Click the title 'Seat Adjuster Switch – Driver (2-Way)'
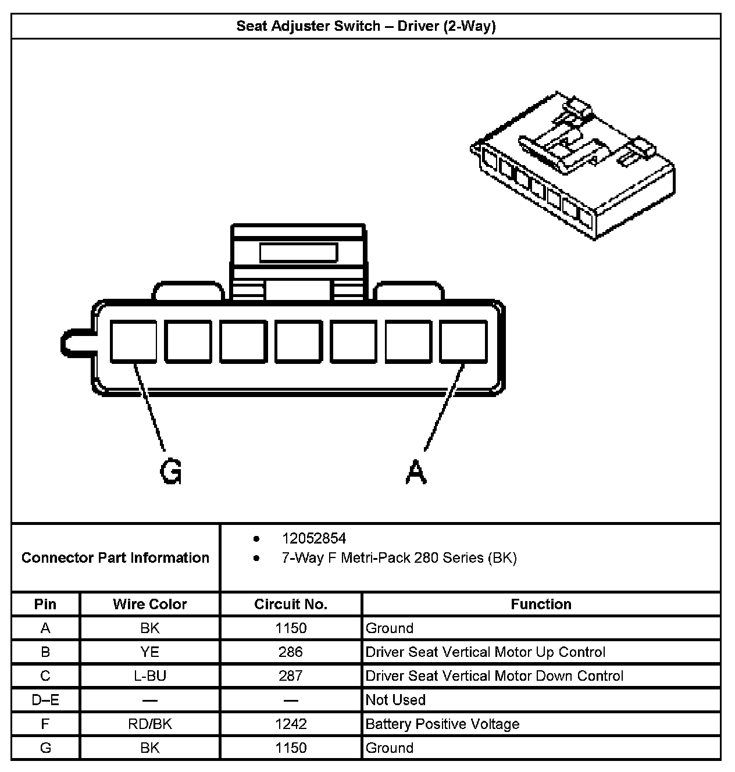(x=366, y=26)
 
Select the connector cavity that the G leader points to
(x=133, y=341)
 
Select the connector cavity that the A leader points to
(x=463, y=341)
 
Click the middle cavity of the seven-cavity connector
(x=298, y=341)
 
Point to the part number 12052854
(x=313, y=538)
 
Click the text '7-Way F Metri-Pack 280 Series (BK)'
(x=399, y=558)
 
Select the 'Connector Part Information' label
(x=115, y=557)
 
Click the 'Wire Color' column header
(x=149, y=604)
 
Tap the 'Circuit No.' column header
(x=291, y=604)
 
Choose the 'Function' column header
(x=541, y=604)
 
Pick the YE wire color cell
(x=149, y=652)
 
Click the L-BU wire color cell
(x=149, y=676)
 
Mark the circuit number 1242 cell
(x=291, y=724)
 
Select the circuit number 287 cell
(x=291, y=676)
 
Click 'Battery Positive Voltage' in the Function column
(x=443, y=724)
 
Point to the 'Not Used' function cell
(x=395, y=700)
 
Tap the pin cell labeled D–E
(x=45, y=700)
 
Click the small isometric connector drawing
(x=573, y=166)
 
